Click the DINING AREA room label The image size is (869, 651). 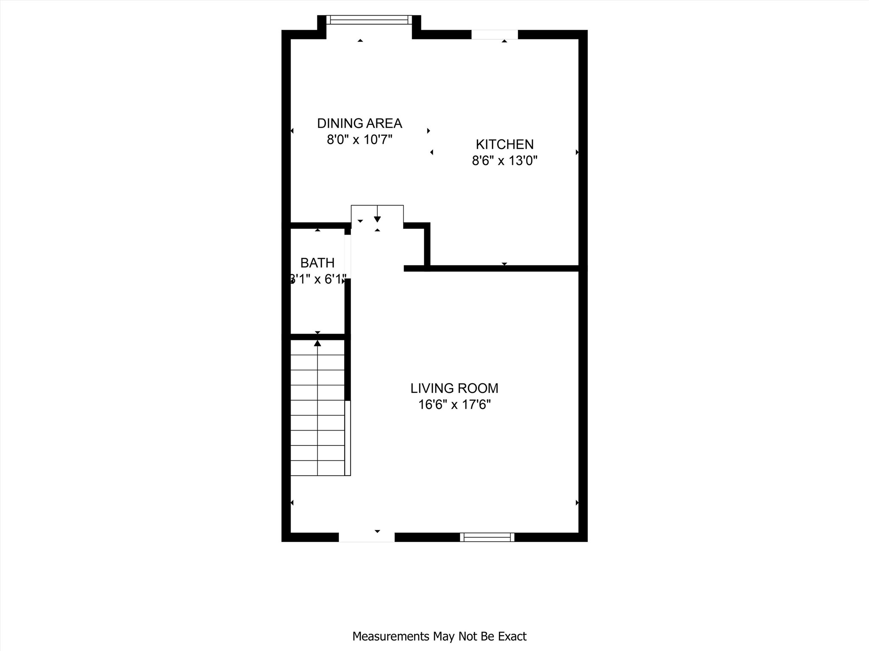359,123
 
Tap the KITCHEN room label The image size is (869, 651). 505,145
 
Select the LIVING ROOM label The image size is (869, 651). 454,388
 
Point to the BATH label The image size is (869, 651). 317,263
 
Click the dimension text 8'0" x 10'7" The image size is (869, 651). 359,139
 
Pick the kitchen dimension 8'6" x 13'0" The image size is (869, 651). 505,161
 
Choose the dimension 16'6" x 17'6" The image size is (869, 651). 454,405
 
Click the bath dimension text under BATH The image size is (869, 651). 317,279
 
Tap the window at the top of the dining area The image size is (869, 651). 369,19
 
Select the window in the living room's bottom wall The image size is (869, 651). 487,537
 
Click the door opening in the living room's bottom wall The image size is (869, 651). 367,537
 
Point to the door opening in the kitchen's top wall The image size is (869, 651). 495,34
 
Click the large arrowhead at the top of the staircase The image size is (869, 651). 317,343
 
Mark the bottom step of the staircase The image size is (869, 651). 317,468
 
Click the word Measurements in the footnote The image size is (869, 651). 391,636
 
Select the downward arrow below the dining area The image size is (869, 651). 377,219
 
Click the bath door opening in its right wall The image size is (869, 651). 348,256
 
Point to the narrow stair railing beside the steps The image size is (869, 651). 348,437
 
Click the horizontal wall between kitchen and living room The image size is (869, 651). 501,268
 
